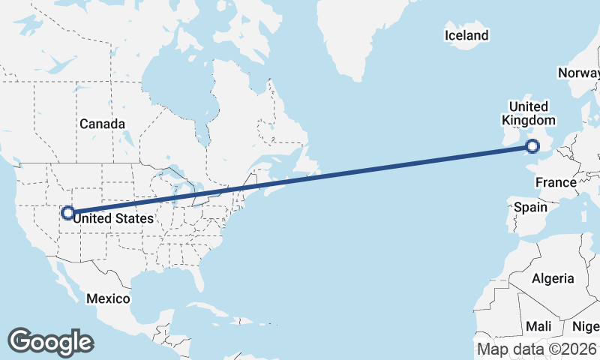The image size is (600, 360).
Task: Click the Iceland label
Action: click(466, 35)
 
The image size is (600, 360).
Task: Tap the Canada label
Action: click(102, 124)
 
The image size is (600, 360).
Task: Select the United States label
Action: click(114, 218)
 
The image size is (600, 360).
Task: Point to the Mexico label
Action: click(107, 298)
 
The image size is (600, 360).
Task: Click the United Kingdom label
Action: click(529, 113)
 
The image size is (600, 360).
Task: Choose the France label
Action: click(556, 182)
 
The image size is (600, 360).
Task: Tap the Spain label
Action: click(530, 206)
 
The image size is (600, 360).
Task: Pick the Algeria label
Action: click(553, 278)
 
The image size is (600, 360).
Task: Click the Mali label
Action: click(538, 326)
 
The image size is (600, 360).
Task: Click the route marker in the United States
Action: click(67, 213)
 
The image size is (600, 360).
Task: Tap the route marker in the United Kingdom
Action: click(533, 147)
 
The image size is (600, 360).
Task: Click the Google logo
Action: click(50, 342)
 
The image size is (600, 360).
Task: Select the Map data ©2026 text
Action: click(537, 349)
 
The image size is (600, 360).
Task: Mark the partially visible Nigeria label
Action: click(586, 326)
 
